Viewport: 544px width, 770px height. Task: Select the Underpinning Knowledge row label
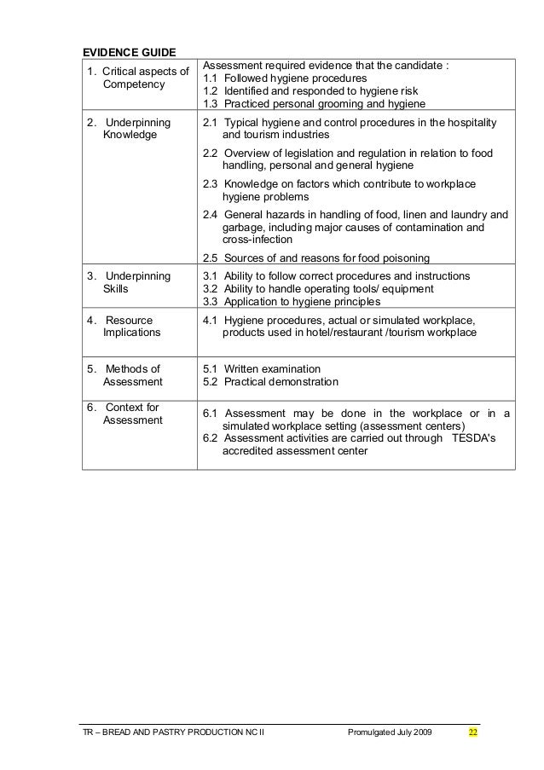(130, 129)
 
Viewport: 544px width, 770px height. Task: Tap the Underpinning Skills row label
(130, 282)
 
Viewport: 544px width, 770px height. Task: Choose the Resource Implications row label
(130, 327)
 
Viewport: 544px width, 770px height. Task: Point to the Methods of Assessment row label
(130, 375)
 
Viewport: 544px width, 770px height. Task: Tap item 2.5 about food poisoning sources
(315, 259)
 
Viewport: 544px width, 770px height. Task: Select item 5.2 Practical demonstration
(270, 382)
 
